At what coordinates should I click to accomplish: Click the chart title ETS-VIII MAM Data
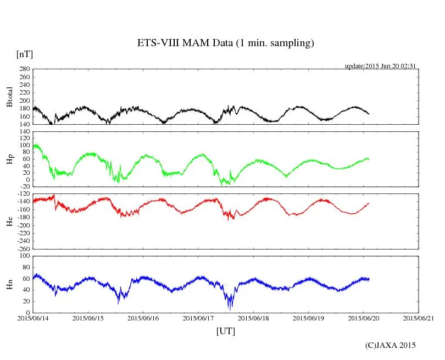[225, 43]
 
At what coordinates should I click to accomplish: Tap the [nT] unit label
[25, 54]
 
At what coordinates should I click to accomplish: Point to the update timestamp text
[380, 66]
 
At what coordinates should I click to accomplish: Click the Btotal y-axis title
[9, 97]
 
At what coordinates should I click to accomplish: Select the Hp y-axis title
[9, 159]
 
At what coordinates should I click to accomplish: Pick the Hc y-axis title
[9, 221]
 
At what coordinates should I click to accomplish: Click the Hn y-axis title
[9, 284]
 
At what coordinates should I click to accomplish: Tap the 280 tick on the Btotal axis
[24, 69]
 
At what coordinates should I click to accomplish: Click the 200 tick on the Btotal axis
[24, 101]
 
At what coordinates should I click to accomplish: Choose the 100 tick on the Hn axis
[24, 256]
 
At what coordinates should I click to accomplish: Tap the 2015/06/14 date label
[33, 318]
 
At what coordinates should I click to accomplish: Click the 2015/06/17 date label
[198, 318]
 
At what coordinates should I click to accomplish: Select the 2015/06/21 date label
[418, 318]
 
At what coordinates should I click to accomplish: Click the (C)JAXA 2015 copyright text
[391, 345]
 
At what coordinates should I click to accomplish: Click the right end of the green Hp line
[369, 159]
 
